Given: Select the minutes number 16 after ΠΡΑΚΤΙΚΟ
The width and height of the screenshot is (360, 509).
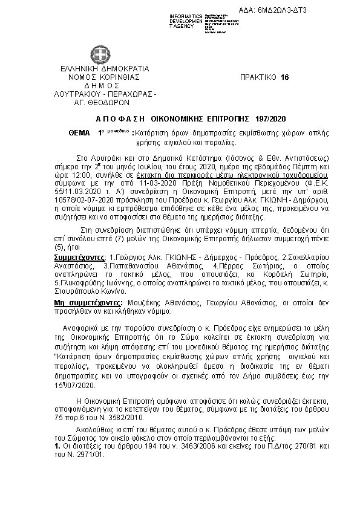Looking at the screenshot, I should click(286, 77).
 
